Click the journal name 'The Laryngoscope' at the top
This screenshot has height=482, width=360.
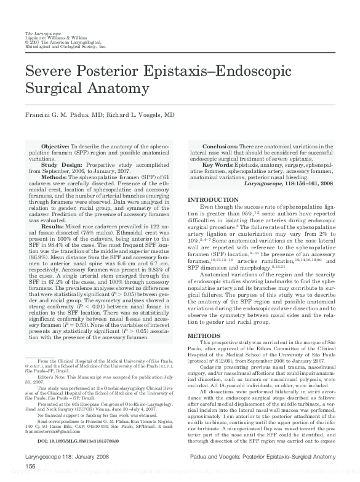(x=40, y=32)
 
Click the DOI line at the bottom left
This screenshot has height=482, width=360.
(x=79, y=459)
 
